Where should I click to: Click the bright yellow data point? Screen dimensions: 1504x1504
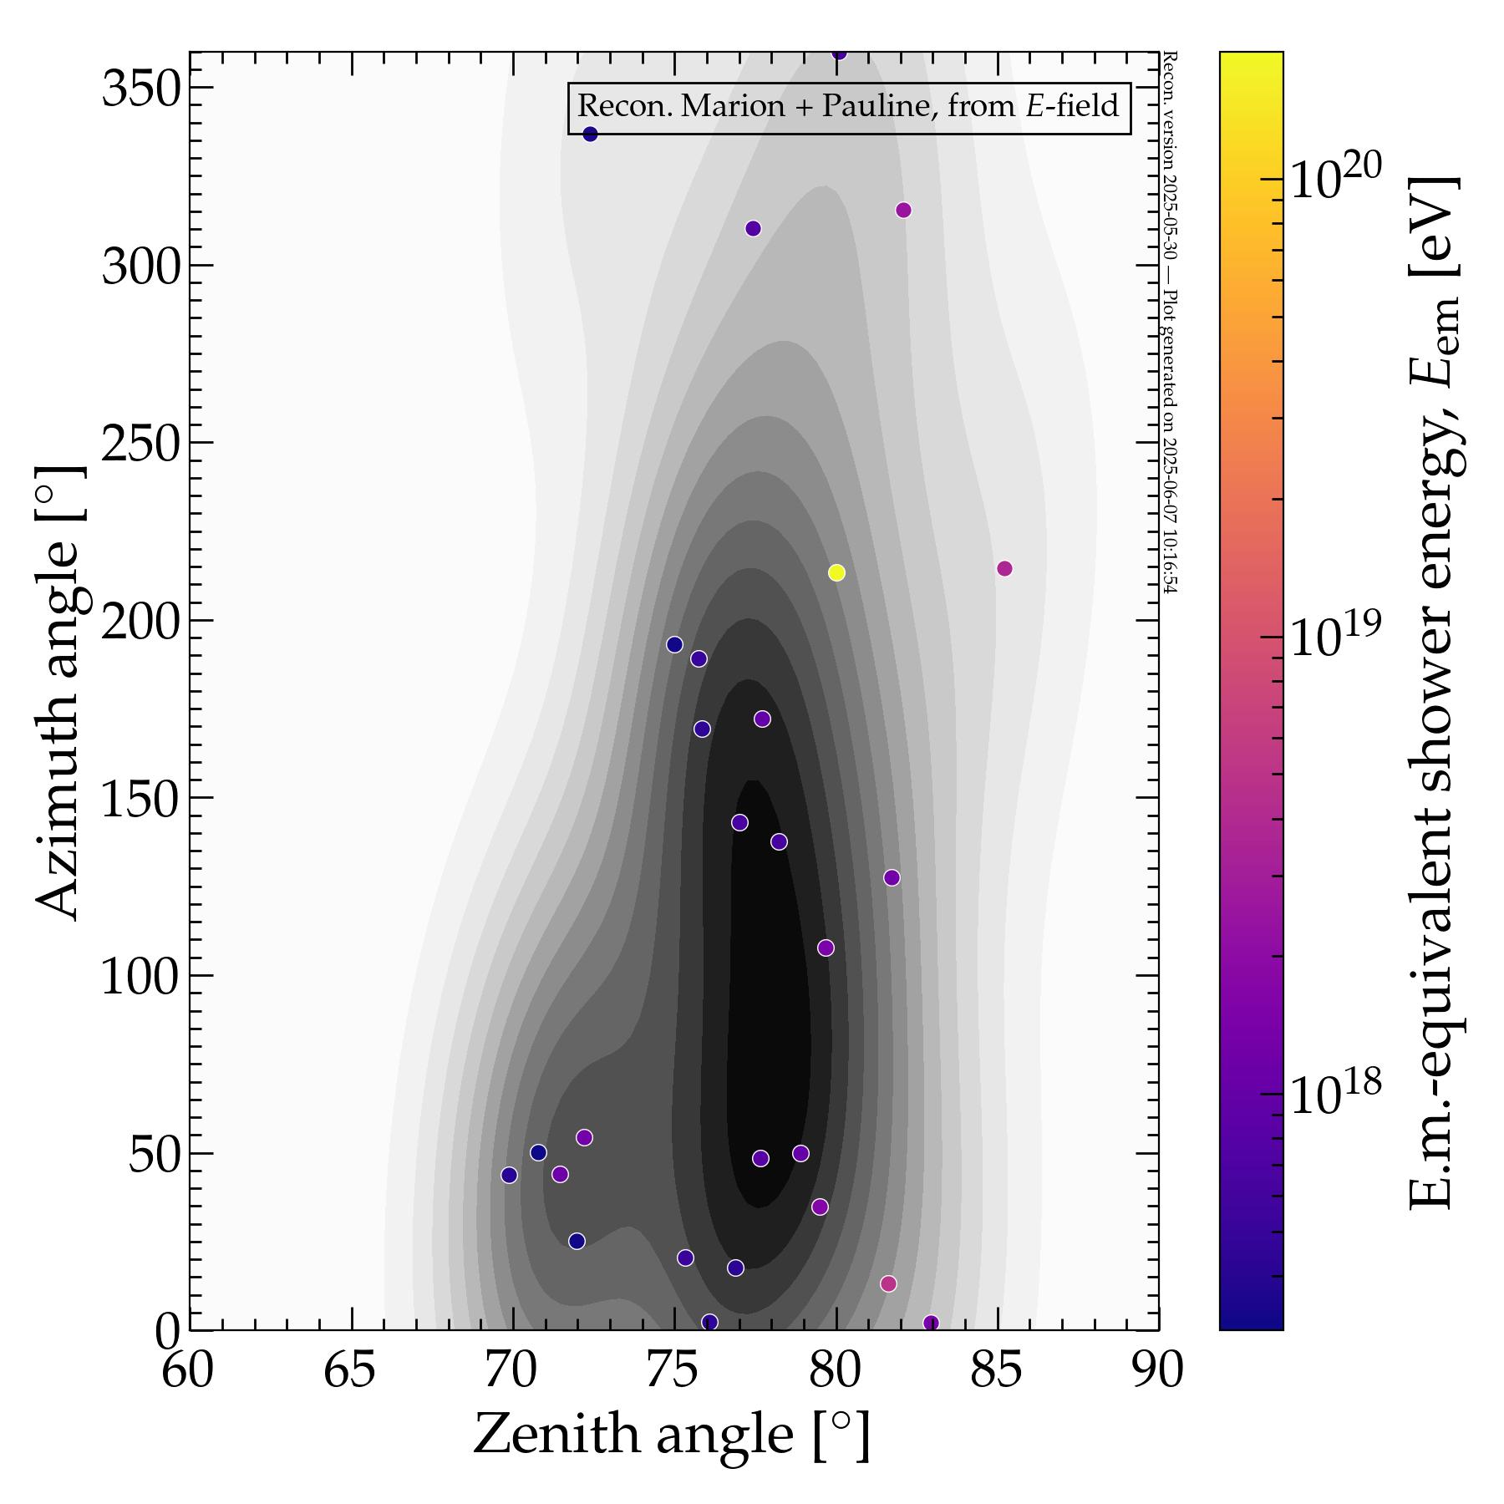(x=836, y=572)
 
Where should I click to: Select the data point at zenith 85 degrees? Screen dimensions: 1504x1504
(x=1004, y=568)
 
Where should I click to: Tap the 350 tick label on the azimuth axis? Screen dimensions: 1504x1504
(x=141, y=89)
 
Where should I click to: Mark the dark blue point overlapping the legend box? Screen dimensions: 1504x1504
(x=590, y=134)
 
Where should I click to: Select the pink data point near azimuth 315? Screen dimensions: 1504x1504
(x=903, y=210)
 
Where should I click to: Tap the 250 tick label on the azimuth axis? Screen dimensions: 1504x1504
(x=141, y=444)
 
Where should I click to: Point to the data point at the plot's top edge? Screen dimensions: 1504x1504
(x=839, y=53)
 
